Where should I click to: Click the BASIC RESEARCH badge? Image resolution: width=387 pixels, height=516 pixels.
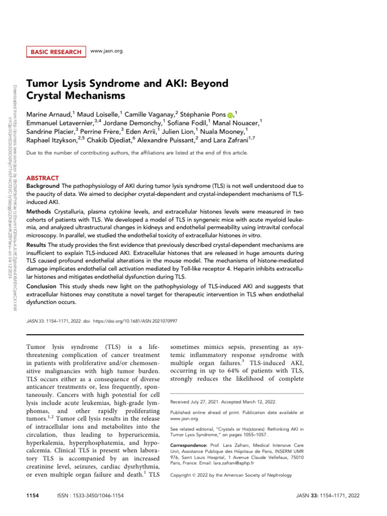click(x=55, y=51)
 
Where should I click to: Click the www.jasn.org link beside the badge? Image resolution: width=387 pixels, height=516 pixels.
click(x=106, y=51)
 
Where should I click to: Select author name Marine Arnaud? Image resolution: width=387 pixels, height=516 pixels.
click(x=49, y=113)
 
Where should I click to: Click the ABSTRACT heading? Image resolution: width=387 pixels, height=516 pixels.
click(x=42, y=178)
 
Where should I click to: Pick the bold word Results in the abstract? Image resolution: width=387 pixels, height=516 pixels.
click(x=37, y=244)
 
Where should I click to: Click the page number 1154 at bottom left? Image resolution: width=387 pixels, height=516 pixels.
click(x=33, y=496)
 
